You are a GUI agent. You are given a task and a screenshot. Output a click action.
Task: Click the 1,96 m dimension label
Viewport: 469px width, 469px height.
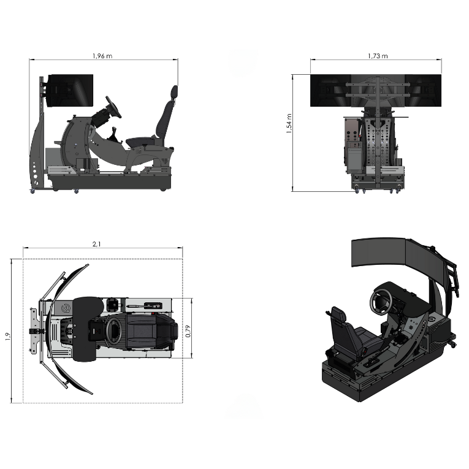click(x=102, y=56)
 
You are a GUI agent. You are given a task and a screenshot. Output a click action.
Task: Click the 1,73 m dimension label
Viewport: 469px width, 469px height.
click(x=378, y=56)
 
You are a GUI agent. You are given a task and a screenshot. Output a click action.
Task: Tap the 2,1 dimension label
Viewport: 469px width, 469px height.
click(x=96, y=244)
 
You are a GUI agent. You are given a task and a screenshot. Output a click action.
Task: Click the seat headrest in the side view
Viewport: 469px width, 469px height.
click(x=175, y=92)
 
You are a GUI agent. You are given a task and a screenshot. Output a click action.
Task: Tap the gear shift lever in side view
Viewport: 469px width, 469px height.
click(x=115, y=134)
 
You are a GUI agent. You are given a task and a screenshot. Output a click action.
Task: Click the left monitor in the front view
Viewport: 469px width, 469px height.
click(x=334, y=90)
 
